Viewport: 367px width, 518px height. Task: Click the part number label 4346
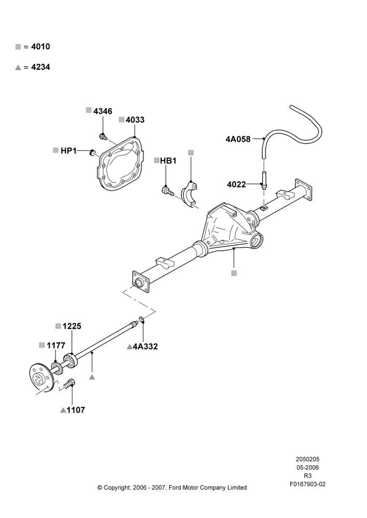103,111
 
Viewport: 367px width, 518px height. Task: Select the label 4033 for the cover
135,120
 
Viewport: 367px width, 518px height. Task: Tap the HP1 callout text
68,151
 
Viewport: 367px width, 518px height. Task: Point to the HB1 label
168,161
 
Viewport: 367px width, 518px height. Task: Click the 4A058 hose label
238,139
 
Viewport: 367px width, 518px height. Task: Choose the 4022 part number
236,184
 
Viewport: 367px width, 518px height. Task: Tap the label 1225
72,326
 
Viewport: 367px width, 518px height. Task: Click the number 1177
56,346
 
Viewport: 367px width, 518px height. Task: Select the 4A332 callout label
145,347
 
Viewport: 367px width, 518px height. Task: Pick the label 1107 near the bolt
76,410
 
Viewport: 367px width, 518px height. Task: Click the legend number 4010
40,47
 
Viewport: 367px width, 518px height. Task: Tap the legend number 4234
40,67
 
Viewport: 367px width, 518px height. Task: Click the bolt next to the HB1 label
167,191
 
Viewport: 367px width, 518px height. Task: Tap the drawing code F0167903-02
307,484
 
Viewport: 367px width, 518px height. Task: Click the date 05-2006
307,467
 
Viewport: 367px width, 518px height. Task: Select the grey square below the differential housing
234,273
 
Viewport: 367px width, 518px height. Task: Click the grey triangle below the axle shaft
92,377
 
